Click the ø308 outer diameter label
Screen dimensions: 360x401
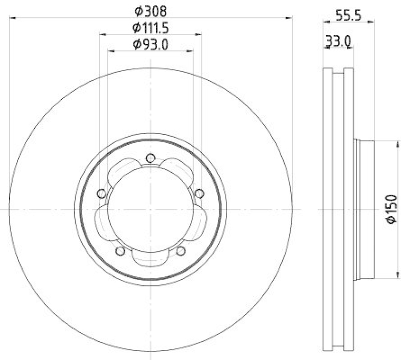(x=150, y=10)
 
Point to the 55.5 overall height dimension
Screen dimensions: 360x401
(x=347, y=15)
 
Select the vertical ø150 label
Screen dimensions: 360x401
(x=391, y=209)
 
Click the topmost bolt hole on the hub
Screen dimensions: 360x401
(x=150, y=159)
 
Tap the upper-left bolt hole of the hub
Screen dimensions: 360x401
(x=101, y=194)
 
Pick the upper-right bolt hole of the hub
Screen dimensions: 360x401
(x=199, y=193)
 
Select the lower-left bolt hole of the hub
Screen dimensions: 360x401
(x=120, y=251)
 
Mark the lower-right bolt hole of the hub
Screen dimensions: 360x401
(x=180, y=251)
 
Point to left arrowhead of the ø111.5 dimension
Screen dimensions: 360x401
(x=102, y=35)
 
